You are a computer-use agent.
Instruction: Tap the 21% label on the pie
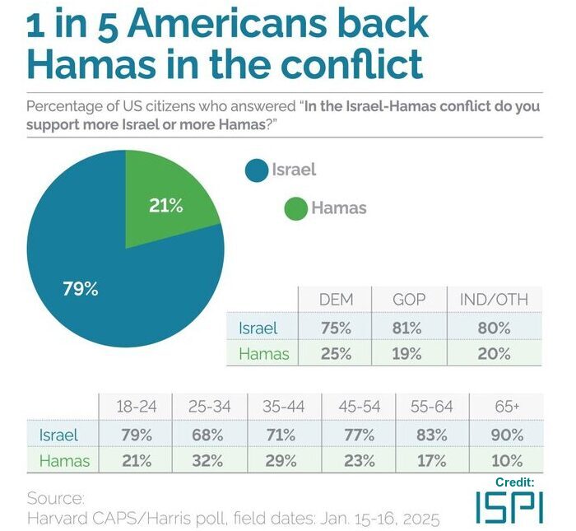point(165,206)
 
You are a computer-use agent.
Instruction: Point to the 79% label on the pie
point(81,289)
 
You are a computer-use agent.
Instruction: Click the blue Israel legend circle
point(257,170)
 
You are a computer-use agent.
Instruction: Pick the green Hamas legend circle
point(296,207)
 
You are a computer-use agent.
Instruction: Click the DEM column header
point(335,300)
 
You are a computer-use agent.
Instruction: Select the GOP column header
point(408,300)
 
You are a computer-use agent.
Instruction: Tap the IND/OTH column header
point(494,300)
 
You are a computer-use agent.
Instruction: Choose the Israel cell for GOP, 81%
point(408,328)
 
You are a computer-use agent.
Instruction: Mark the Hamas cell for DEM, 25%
point(335,354)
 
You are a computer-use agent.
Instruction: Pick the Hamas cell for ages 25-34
point(210,461)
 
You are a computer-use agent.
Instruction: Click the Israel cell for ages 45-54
point(358,434)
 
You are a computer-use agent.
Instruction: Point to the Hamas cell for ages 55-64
point(432,461)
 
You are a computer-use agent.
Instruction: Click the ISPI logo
point(509,505)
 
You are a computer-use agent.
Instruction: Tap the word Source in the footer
point(56,498)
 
